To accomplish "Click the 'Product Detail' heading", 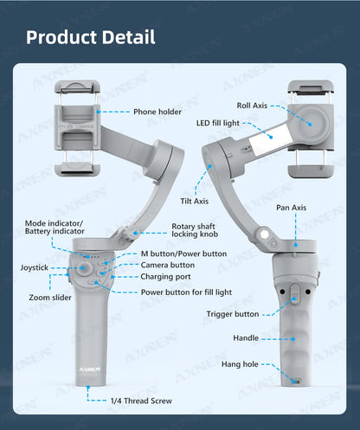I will (x=91, y=37).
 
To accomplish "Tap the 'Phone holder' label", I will (x=157, y=112).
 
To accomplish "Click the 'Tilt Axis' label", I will (x=195, y=202).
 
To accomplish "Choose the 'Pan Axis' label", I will (x=291, y=208).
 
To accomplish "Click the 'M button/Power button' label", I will (x=183, y=254).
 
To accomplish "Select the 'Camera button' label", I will (x=168, y=265).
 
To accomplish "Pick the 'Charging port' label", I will (x=166, y=277).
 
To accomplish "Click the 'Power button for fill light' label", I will (x=187, y=292).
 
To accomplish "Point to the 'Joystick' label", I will (x=35, y=267).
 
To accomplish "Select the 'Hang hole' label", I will (x=239, y=363).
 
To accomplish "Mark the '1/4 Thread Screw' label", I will (x=141, y=401).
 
